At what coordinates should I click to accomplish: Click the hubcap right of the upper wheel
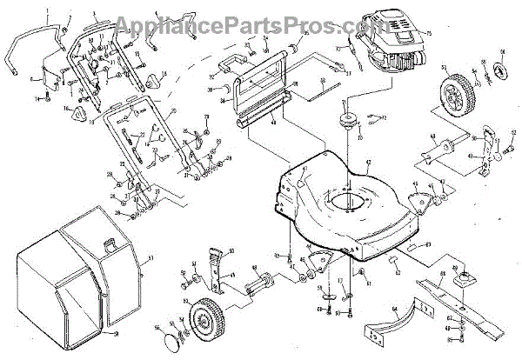click(501, 70)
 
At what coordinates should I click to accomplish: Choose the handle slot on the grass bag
click(110, 244)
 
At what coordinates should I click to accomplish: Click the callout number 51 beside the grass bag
click(148, 258)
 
